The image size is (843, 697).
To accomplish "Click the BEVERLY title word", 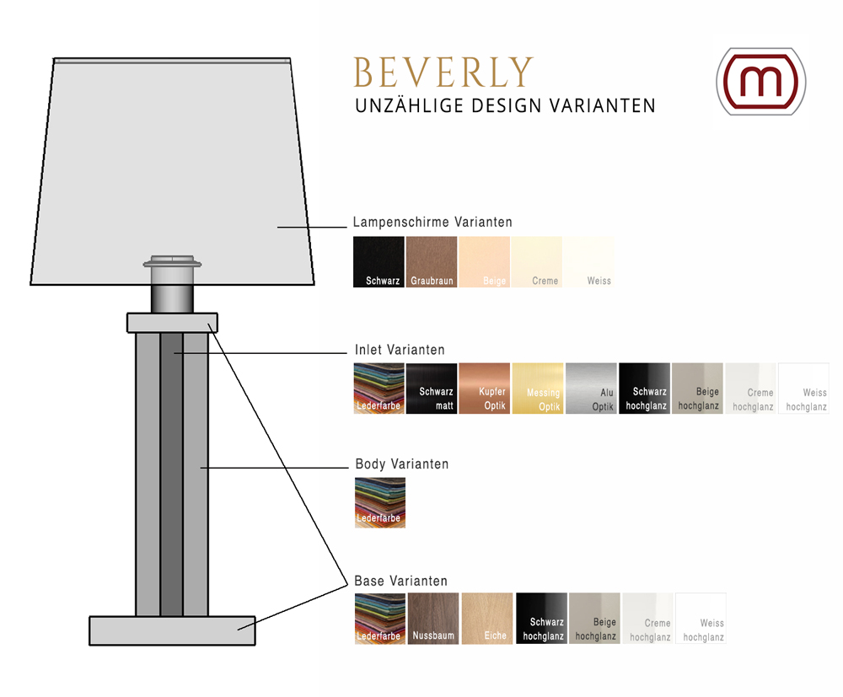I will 443,73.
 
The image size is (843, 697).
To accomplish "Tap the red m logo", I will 760,81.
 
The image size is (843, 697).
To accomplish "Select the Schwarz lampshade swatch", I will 379,262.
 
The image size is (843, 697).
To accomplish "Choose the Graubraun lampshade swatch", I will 432,262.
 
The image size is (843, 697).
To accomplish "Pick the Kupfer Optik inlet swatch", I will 485,389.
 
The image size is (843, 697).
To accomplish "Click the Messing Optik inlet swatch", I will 538,389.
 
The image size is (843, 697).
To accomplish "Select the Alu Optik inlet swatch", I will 591,389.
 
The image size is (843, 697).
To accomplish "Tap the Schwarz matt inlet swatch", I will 432,389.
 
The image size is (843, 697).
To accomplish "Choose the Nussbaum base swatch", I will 433,619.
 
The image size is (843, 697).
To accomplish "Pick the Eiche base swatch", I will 486,619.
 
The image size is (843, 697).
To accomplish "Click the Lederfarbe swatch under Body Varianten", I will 379,503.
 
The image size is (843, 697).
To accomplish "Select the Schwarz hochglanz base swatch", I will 541,619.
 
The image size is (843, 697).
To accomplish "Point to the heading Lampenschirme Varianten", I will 432,223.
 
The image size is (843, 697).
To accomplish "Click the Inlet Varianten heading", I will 400,350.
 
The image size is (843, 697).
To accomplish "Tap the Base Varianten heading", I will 400,582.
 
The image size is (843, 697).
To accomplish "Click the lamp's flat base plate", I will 172,631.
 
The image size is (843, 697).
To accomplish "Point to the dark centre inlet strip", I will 171,472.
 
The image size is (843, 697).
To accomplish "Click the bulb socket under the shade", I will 172,287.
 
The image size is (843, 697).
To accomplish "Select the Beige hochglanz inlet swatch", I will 697,389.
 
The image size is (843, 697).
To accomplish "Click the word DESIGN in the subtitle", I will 507,106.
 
